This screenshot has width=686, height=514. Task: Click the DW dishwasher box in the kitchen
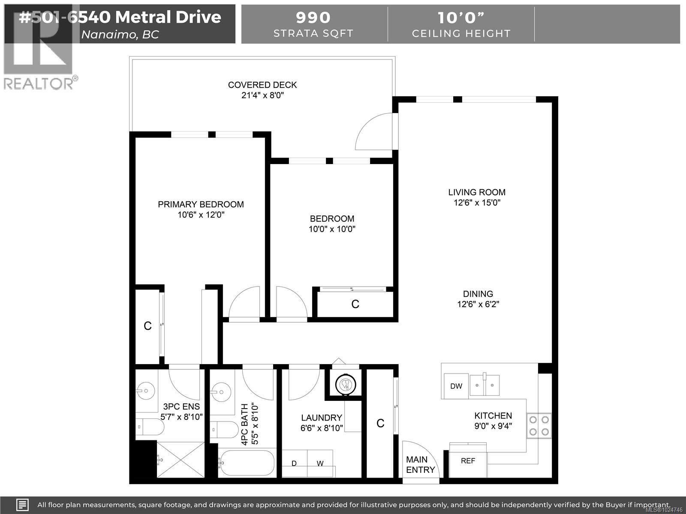[456, 386]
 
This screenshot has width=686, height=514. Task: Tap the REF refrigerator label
[468, 461]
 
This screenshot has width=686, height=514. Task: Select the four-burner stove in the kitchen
[539, 426]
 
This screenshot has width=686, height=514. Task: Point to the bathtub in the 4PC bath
[247, 463]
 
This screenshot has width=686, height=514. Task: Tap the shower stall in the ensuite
[181, 460]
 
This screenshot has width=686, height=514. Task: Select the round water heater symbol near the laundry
[346, 384]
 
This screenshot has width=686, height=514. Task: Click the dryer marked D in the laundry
[294, 463]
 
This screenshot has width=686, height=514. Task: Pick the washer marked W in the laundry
[320, 463]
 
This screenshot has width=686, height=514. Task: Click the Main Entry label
[420, 465]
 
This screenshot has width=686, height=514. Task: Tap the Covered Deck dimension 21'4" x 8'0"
[262, 95]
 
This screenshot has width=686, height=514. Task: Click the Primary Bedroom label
[201, 204]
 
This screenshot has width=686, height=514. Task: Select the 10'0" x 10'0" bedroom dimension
[332, 229]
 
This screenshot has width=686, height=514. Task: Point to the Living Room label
[477, 192]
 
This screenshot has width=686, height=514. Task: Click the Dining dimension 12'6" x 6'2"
[478, 304]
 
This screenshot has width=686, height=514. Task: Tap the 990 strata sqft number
[313, 18]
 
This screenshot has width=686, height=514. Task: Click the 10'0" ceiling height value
[461, 18]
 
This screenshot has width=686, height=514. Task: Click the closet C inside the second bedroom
[355, 304]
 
